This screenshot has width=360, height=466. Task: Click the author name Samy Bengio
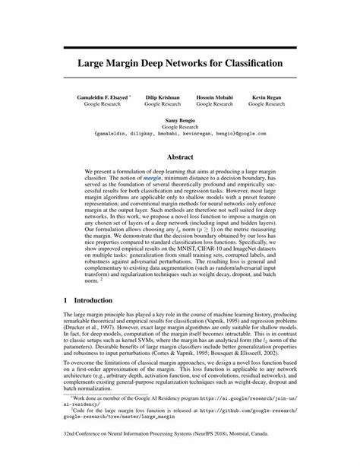click(x=180, y=122)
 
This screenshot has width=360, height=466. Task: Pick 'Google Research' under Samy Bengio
click(x=180, y=128)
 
